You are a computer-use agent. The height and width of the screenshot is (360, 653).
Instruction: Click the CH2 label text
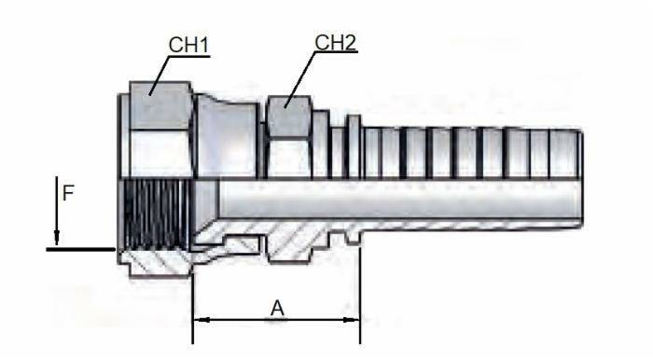coord(336,43)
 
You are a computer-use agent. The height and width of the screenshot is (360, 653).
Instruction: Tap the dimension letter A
coord(277,308)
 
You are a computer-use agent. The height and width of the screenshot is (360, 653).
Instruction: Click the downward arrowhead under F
coord(56,240)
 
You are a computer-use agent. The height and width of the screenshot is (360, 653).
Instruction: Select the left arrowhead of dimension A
coord(198,320)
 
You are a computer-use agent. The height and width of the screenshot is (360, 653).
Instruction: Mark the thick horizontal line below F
coord(79,250)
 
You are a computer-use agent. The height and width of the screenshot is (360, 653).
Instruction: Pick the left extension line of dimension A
coord(192,298)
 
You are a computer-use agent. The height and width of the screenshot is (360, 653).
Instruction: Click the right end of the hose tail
coord(578,187)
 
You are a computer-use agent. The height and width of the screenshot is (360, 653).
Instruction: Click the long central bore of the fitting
coord(392,201)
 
